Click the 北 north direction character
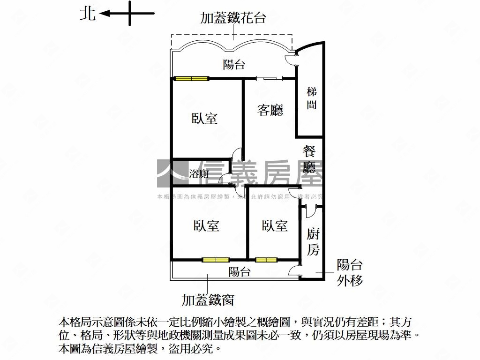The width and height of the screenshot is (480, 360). click(x=88, y=14)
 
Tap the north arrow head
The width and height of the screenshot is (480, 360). click(x=104, y=14)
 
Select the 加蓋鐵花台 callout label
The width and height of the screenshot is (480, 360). click(x=233, y=18)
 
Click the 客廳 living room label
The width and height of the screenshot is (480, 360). click(x=270, y=110)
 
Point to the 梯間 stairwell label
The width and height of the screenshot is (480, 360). click(x=312, y=98)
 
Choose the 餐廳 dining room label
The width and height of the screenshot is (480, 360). click(x=309, y=159)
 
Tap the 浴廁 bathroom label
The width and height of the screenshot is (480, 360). click(x=199, y=174)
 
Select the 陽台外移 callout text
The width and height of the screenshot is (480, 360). click(x=350, y=273)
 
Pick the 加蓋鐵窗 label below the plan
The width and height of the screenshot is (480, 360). click(x=208, y=300)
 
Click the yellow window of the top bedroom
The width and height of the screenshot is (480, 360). click(x=192, y=79)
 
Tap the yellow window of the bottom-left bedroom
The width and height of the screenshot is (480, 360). click(x=216, y=260)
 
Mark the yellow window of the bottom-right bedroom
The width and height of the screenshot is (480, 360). click(x=266, y=260)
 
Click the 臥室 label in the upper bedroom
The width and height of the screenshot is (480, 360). click(x=204, y=119)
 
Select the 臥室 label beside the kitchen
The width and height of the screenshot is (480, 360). click(x=275, y=225)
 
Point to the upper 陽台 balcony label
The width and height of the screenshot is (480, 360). click(x=234, y=65)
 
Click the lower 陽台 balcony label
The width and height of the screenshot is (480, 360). click(x=240, y=271)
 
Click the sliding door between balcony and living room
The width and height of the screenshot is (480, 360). click(x=269, y=79)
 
